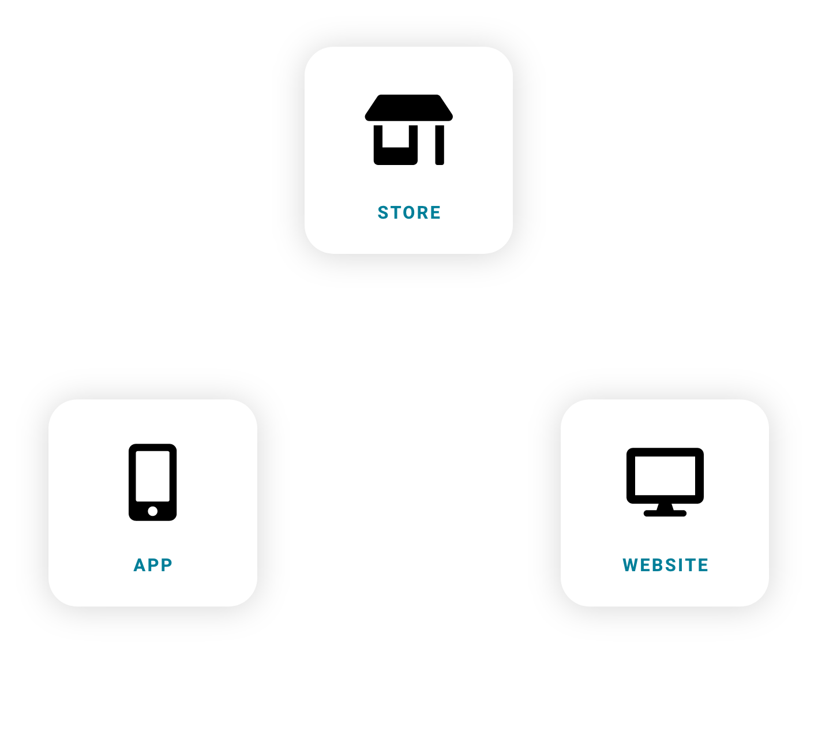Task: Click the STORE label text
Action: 409,213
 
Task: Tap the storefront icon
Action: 408,130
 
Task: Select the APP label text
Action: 153,565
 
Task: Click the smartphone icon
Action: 152,482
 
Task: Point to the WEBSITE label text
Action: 665,565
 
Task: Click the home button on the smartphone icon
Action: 152,511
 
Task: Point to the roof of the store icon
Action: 408,108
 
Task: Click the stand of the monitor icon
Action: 665,511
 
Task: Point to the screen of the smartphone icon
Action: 152,476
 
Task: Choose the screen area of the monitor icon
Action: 665,475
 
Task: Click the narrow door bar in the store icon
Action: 440,145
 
